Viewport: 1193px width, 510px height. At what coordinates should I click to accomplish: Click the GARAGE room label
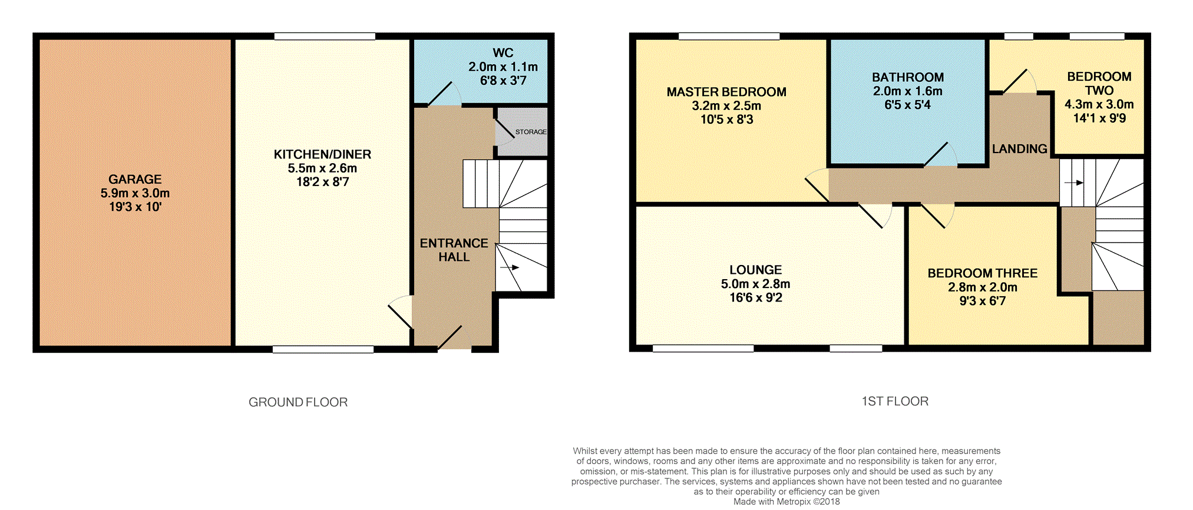(x=135, y=179)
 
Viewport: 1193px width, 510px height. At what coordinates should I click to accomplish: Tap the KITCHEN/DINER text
(x=322, y=154)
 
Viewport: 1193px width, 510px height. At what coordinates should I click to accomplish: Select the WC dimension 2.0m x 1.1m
(x=503, y=67)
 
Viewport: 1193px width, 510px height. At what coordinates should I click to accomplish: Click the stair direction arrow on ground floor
(x=510, y=267)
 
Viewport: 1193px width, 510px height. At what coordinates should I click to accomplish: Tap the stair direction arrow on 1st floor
(x=1074, y=183)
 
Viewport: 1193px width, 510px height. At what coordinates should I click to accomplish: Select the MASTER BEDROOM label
(x=726, y=92)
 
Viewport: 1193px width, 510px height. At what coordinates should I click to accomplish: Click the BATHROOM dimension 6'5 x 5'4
(x=907, y=105)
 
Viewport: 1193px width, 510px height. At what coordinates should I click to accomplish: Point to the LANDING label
(x=1019, y=149)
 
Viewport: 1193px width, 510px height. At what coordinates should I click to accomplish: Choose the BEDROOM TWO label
(x=1099, y=84)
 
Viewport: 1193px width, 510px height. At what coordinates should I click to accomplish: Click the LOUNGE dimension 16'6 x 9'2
(x=756, y=298)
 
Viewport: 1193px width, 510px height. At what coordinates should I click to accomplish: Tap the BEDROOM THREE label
(x=982, y=273)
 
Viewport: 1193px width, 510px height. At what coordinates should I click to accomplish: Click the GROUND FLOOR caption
(x=298, y=402)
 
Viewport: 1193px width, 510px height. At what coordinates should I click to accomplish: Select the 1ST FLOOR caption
(x=895, y=401)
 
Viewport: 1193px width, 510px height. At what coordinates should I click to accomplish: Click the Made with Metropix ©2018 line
(x=786, y=502)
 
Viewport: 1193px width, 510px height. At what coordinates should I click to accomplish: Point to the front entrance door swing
(x=451, y=338)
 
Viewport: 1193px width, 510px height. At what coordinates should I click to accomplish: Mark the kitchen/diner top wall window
(x=325, y=37)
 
